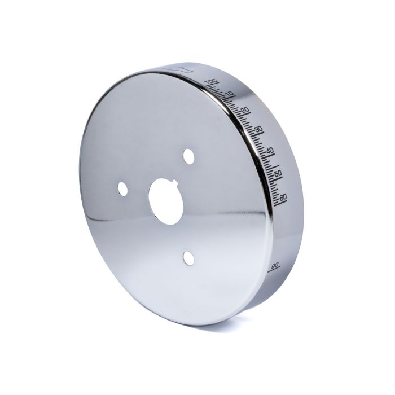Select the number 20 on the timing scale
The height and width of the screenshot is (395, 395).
pos(244,109)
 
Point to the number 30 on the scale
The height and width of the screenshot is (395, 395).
pos(258,129)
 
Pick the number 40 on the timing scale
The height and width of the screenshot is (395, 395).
pos(270,150)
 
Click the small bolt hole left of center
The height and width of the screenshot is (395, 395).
pos(122,189)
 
